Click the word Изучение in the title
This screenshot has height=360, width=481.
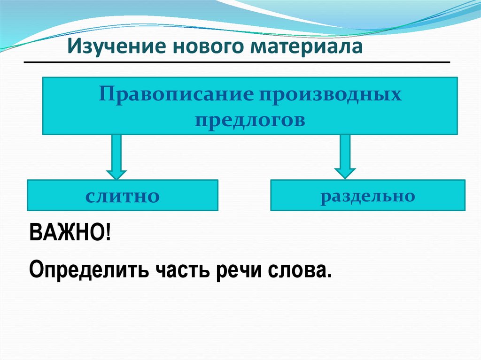coord(115,47)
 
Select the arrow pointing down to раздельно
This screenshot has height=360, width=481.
coord(345,156)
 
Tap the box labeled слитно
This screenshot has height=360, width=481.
coord(123,195)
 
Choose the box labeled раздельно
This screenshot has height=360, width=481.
coord(367,194)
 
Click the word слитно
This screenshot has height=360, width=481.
coord(123,196)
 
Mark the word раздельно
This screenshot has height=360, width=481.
coord(368,195)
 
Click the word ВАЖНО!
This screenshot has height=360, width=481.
coord(70,233)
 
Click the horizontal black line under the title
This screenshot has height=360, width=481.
coord(237,62)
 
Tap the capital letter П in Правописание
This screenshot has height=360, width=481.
coord(106,95)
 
